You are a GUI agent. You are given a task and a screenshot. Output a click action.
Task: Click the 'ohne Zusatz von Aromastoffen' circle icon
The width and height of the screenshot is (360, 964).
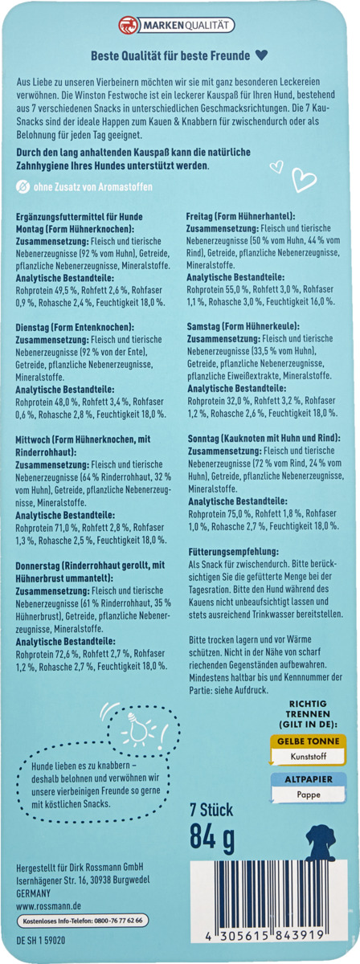(x=22, y=188)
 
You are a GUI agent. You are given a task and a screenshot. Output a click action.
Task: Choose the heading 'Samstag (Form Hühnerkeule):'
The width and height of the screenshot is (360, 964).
(x=242, y=328)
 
